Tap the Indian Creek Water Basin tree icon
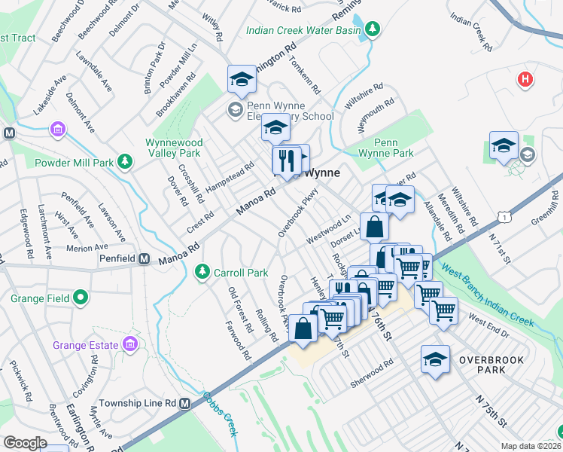point(372,29)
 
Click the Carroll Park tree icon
point(202,271)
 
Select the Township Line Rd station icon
point(185,403)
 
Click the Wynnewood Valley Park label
point(172,147)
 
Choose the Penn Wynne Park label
point(394,147)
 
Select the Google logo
point(25,443)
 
